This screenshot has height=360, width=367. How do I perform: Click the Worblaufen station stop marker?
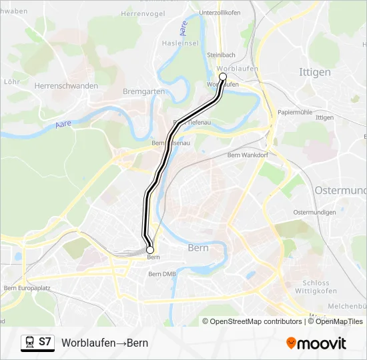point(223,77)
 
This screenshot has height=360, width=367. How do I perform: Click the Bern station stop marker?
point(150,249)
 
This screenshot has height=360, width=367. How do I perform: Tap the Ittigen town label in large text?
point(316,71)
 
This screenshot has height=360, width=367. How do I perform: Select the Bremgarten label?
point(143,91)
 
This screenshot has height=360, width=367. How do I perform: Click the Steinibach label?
point(221,55)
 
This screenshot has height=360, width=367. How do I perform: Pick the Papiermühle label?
point(296,113)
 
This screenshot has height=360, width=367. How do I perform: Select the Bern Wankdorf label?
point(246,155)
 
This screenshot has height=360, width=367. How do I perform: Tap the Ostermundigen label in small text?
point(314,213)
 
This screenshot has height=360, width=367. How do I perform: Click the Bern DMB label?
point(162,274)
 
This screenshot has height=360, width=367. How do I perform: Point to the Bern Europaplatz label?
point(27,288)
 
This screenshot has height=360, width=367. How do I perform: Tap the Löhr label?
point(11,81)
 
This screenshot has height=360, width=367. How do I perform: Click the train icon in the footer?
point(29,343)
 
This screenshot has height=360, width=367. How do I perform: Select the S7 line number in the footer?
point(45,343)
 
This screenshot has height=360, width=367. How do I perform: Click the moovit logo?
point(316,343)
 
